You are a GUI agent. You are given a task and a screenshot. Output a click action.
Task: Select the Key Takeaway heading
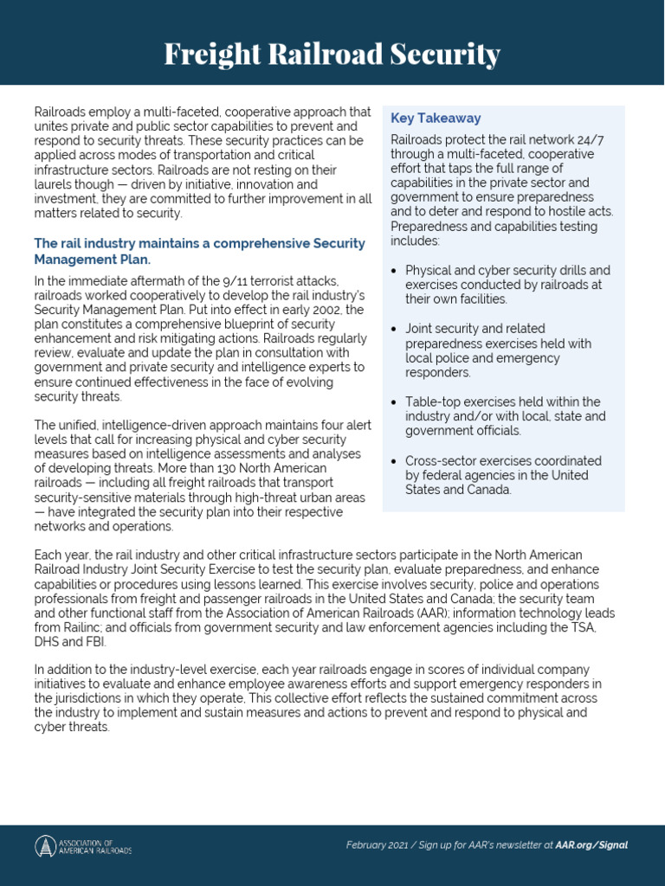436,118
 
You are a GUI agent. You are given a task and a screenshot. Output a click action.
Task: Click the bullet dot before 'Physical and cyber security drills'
395,271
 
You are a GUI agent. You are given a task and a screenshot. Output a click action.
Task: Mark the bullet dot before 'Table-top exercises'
395,402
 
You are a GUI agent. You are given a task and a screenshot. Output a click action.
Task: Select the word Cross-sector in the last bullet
440,461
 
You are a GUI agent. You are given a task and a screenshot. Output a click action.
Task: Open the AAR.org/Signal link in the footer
592,845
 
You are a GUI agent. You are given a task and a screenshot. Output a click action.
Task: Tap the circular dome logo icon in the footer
45,846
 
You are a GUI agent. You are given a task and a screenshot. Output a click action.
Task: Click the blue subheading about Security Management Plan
199,251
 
